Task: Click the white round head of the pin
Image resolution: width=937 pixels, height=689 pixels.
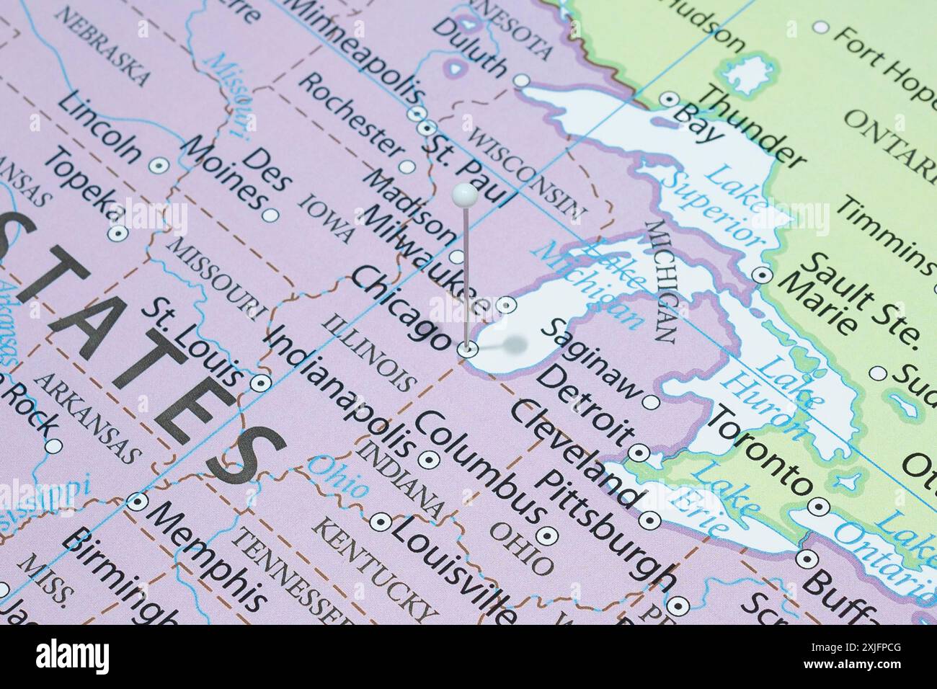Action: (x=464, y=194)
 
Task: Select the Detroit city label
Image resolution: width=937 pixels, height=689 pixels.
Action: (x=586, y=404)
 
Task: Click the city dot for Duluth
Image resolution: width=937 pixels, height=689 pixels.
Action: (x=522, y=80)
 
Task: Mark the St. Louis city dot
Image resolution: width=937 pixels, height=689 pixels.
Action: (x=259, y=383)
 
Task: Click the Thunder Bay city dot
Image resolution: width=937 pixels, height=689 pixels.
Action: (x=670, y=99)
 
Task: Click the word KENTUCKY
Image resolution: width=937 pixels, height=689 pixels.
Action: (x=374, y=570)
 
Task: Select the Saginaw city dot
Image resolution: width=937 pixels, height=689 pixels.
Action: (x=651, y=401)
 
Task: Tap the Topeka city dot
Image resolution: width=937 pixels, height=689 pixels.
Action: (x=116, y=234)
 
